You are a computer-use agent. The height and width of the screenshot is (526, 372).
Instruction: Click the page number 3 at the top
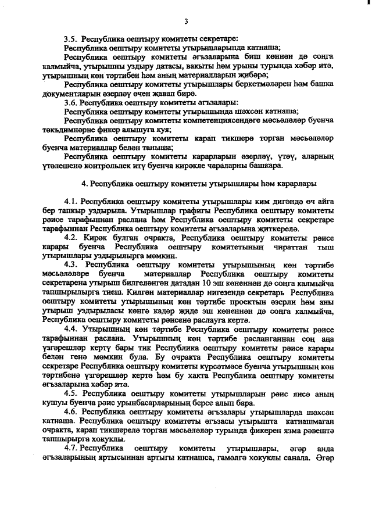tap(186, 22)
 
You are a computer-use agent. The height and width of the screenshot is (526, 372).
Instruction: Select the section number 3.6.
tap(71, 102)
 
